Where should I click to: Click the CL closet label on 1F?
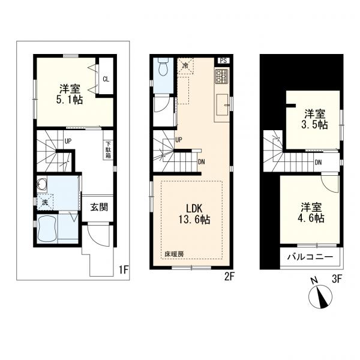pyautogui.click(x=106, y=79)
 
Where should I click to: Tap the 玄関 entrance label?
pyautogui.click(x=99, y=208)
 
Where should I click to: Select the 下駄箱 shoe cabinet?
pyautogui.click(x=108, y=149)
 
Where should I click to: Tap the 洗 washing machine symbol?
pyautogui.click(x=45, y=202)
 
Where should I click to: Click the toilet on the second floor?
pyautogui.click(x=163, y=67)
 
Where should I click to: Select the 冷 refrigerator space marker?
pyautogui.click(x=185, y=65)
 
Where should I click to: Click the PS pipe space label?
pyautogui.click(x=223, y=61)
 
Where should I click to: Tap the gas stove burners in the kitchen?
pyautogui.click(x=221, y=76)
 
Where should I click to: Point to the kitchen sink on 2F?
pyautogui.click(x=222, y=105)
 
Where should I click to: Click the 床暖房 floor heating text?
pyautogui.click(x=174, y=254)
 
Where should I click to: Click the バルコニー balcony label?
pyautogui.click(x=310, y=257)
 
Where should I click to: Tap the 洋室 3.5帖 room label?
pyautogui.click(x=314, y=119)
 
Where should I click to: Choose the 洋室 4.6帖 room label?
pyautogui.click(x=311, y=212)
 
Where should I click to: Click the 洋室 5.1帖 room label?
pyautogui.click(x=70, y=95)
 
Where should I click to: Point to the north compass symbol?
pyautogui.click(x=320, y=295)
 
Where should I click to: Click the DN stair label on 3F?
pyautogui.click(x=318, y=163)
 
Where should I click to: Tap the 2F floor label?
pyautogui.click(x=229, y=277)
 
